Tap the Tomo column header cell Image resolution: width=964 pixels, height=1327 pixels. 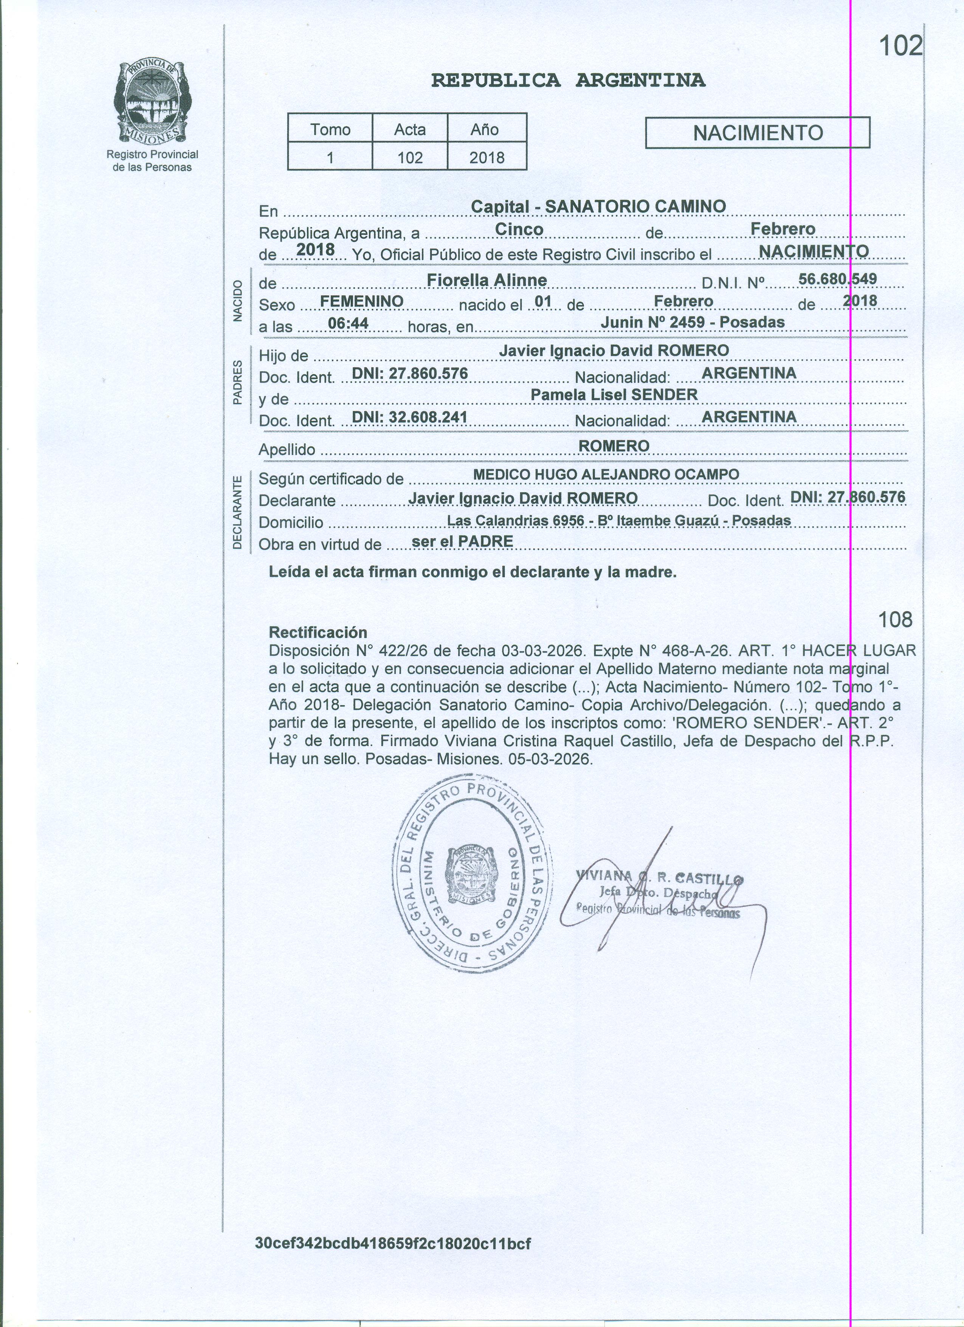click(x=330, y=129)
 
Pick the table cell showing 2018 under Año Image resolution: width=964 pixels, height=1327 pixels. click(x=487, y=157)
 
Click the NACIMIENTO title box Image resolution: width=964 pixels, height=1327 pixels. click(x=758, y=133)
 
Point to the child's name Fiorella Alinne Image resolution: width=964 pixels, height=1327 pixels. click(x=487, y=280)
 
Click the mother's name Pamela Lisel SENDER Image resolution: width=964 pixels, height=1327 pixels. click(x=614, y=395)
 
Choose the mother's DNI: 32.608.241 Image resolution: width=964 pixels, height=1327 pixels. click(x=409, y=417)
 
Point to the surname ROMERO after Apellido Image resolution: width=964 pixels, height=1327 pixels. click(x=614, y=446)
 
